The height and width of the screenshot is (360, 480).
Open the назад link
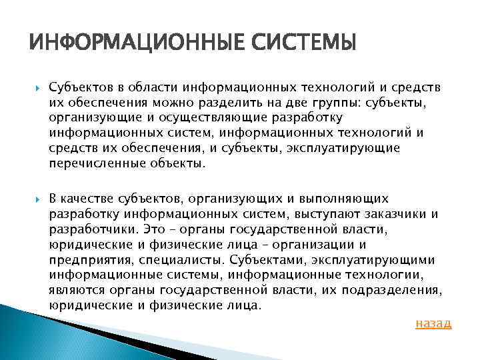(433, 323)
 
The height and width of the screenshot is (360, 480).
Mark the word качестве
(87, 199)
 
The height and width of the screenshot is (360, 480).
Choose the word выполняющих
(351, 199)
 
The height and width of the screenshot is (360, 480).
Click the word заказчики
(394, 214)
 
